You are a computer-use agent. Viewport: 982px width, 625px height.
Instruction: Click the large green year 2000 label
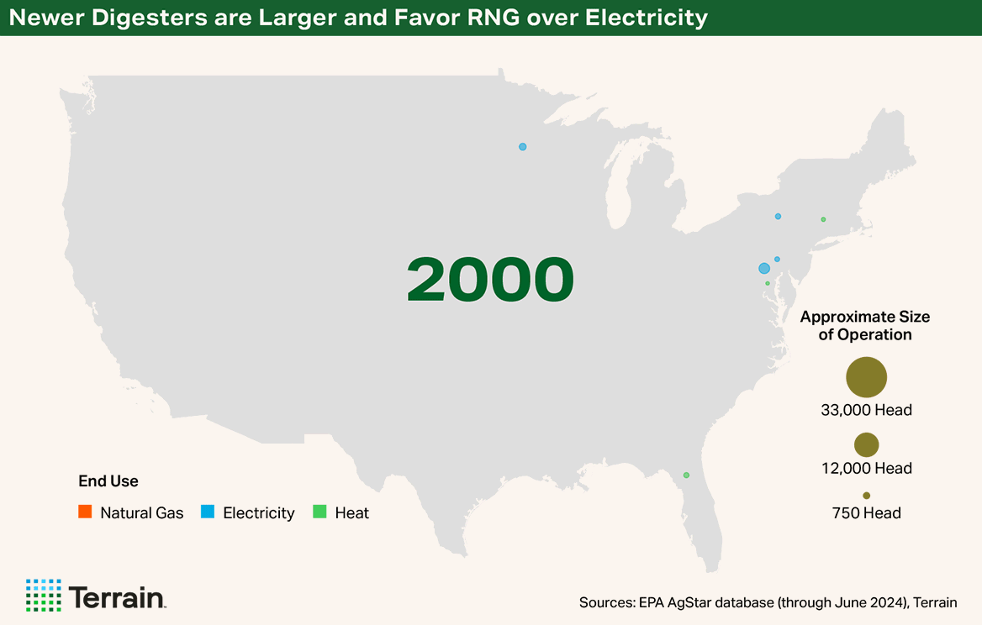tap(490, 279)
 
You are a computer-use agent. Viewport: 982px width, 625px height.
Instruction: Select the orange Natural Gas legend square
tap(84, 512)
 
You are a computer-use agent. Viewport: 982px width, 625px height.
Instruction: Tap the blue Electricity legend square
tap(208, 512)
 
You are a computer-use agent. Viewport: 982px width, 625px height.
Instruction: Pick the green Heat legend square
tap(319, 512)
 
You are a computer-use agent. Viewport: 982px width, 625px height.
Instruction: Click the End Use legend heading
tap(108, 481)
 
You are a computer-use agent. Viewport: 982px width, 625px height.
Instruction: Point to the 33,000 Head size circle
tap(866, 377)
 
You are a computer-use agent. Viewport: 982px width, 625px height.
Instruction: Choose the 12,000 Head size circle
tap(866, 444)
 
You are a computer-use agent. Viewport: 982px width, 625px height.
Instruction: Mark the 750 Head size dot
tap(866, 496)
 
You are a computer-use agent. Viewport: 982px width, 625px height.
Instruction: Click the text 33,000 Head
tap(866, 411)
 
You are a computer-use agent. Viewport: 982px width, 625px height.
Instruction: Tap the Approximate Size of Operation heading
tap(865, 325)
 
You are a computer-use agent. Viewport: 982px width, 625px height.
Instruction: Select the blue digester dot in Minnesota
tap(522, 147)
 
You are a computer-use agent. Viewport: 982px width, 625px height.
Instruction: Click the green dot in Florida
tap(686, 475)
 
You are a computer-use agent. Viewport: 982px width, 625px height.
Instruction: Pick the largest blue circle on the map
tap(764, 268)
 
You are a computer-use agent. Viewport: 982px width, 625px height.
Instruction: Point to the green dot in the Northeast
tap(823, 219)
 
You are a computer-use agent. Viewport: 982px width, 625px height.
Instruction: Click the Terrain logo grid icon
tap(43, 595)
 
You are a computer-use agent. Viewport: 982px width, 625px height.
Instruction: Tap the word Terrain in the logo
tap(117, 596)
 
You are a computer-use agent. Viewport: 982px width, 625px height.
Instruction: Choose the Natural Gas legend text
tap(141, 512)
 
